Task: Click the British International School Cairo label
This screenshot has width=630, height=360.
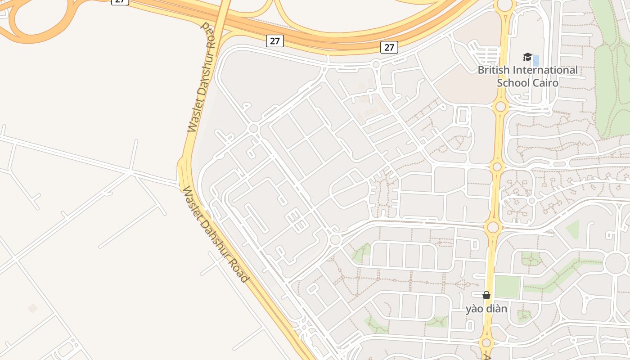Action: tap(527, 76)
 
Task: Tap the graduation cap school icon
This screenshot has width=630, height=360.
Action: tap(527, 57)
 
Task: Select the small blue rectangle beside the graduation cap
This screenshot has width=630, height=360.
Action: tap(536, 60)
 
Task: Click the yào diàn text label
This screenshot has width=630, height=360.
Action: tap(486, 309)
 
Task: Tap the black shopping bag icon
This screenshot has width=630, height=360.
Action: tap(486, 295)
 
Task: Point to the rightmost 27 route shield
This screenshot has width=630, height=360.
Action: tap(389, 47)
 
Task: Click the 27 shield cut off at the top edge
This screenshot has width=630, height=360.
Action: tap(120, 2)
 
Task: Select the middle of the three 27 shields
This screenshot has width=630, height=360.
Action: tap(274, 41)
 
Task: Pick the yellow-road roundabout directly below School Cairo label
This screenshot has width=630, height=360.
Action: tap(500, 107)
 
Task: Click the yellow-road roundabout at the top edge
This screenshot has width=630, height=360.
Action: tap(505, 4)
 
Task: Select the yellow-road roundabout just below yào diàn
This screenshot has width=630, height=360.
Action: tap(486, 343)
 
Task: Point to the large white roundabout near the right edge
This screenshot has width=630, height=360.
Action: tap(616, 263)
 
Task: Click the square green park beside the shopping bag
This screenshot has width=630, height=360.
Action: tap(507, 287)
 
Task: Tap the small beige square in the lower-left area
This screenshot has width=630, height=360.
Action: tap(32, 308)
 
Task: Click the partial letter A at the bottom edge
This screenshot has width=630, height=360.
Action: tap(487, 357)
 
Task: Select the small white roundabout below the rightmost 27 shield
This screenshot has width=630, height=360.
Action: tap(376, 65)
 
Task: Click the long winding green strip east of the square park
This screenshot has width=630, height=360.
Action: tap(558, 274)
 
